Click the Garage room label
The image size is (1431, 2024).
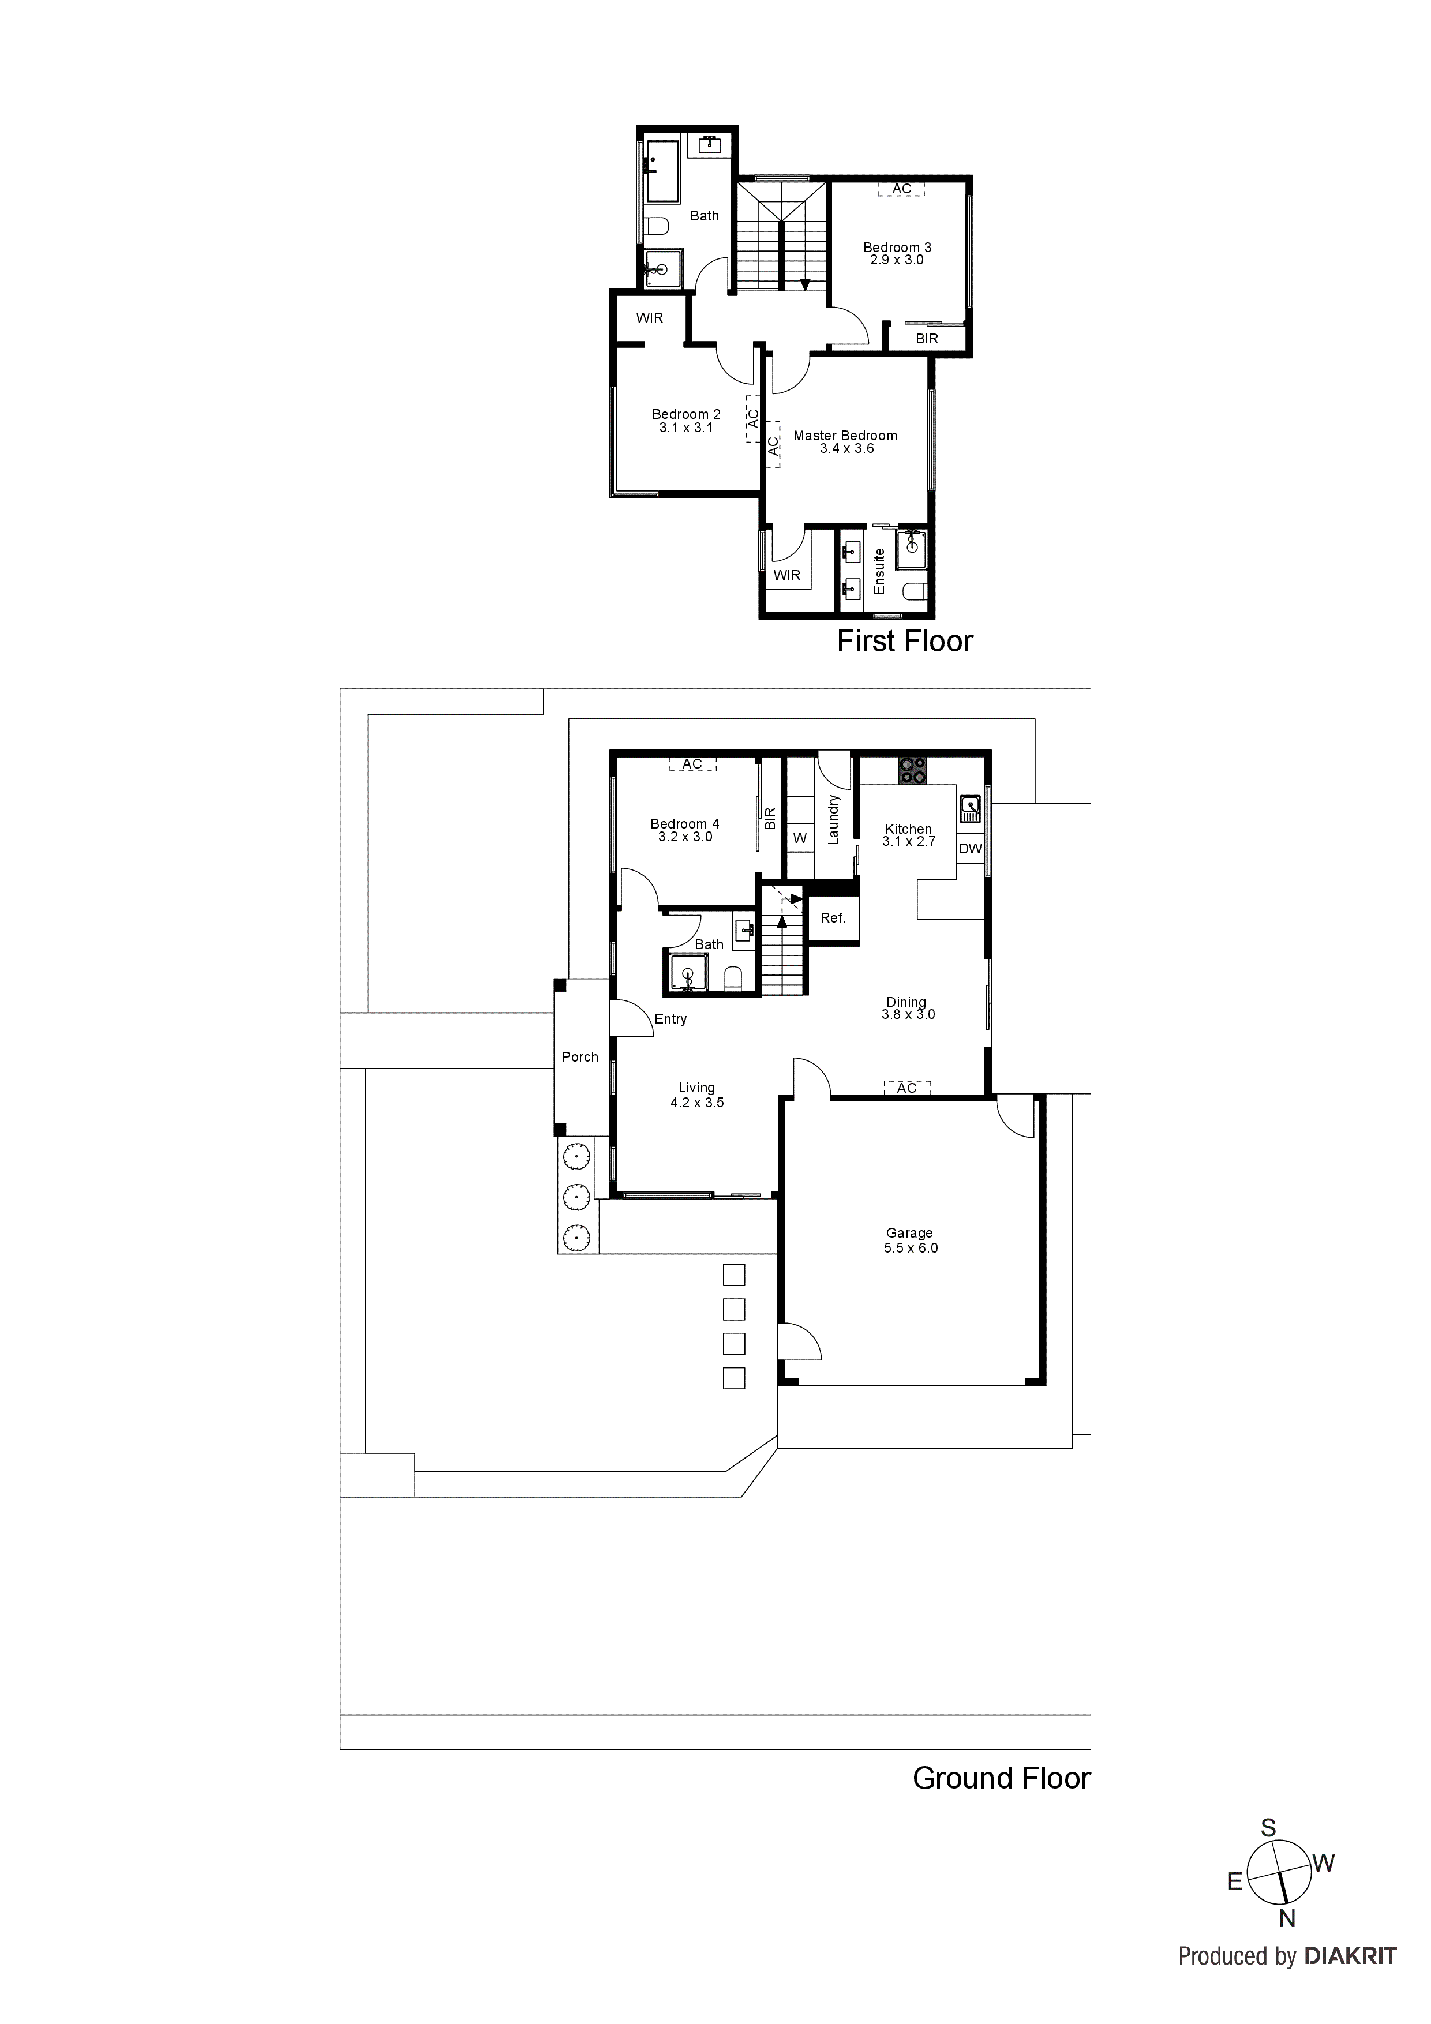[909, 1232]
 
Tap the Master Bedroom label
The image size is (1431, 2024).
[845, 436]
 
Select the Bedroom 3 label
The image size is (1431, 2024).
[897, 248]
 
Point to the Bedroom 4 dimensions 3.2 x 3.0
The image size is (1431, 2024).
[685, 837]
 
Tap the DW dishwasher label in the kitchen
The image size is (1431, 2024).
[970, 849]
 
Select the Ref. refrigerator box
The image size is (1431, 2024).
[832, 919]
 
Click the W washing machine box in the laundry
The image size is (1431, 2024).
[800, 838]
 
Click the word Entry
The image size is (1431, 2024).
[670, 1019]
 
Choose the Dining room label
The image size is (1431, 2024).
[906, 1002]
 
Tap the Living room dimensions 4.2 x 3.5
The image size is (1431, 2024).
[696, 1103]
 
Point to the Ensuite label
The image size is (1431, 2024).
[879, 571]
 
